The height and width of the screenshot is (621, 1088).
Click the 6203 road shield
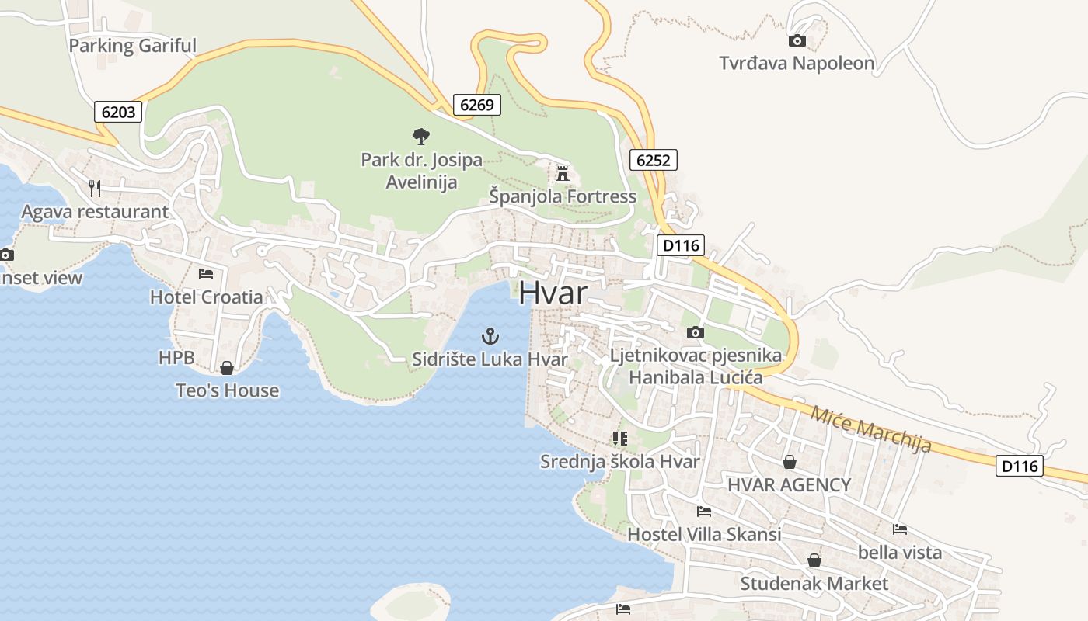click(118, 112)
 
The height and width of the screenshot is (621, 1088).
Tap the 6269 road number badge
click(476, 105)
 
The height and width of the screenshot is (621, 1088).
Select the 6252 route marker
click(653, 160)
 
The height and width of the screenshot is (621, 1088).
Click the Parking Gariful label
click(132, 46)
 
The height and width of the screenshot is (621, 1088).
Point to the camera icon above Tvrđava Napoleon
click(797, 41)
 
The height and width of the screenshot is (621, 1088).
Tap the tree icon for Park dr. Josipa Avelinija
click(420, 137)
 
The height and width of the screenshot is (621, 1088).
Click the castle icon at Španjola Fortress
click(563, 173)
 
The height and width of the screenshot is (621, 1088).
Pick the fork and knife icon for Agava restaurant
click(95, 188)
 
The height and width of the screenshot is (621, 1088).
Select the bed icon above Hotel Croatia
click(206, 273)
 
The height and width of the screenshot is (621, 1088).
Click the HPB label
click(176, 358)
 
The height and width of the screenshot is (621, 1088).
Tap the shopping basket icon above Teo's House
click(227, 367)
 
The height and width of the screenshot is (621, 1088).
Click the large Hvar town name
click(553, 293)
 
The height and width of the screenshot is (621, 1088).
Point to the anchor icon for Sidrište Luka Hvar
click(490, 336)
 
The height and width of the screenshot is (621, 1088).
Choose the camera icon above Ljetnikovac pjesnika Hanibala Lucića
click(695, 332)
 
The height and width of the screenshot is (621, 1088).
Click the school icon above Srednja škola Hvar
click(619, 439)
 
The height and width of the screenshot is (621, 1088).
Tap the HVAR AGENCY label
click(789, 485)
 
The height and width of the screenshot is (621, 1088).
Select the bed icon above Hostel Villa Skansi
click(704, 511)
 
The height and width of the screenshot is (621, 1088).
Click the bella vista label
click(899, 553)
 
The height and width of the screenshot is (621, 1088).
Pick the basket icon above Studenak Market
click(814, 560)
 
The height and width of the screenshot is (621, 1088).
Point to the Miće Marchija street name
click(870, 428)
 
